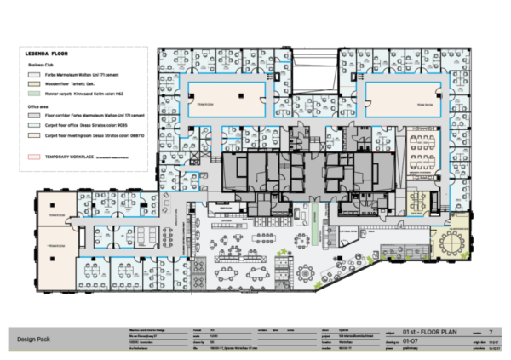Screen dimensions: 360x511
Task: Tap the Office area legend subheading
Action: click(x=39, y=105)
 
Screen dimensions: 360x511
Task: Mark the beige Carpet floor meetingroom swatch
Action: click(x=32, y=134)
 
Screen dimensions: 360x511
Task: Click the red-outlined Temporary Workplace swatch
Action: click(x=32, y=157)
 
